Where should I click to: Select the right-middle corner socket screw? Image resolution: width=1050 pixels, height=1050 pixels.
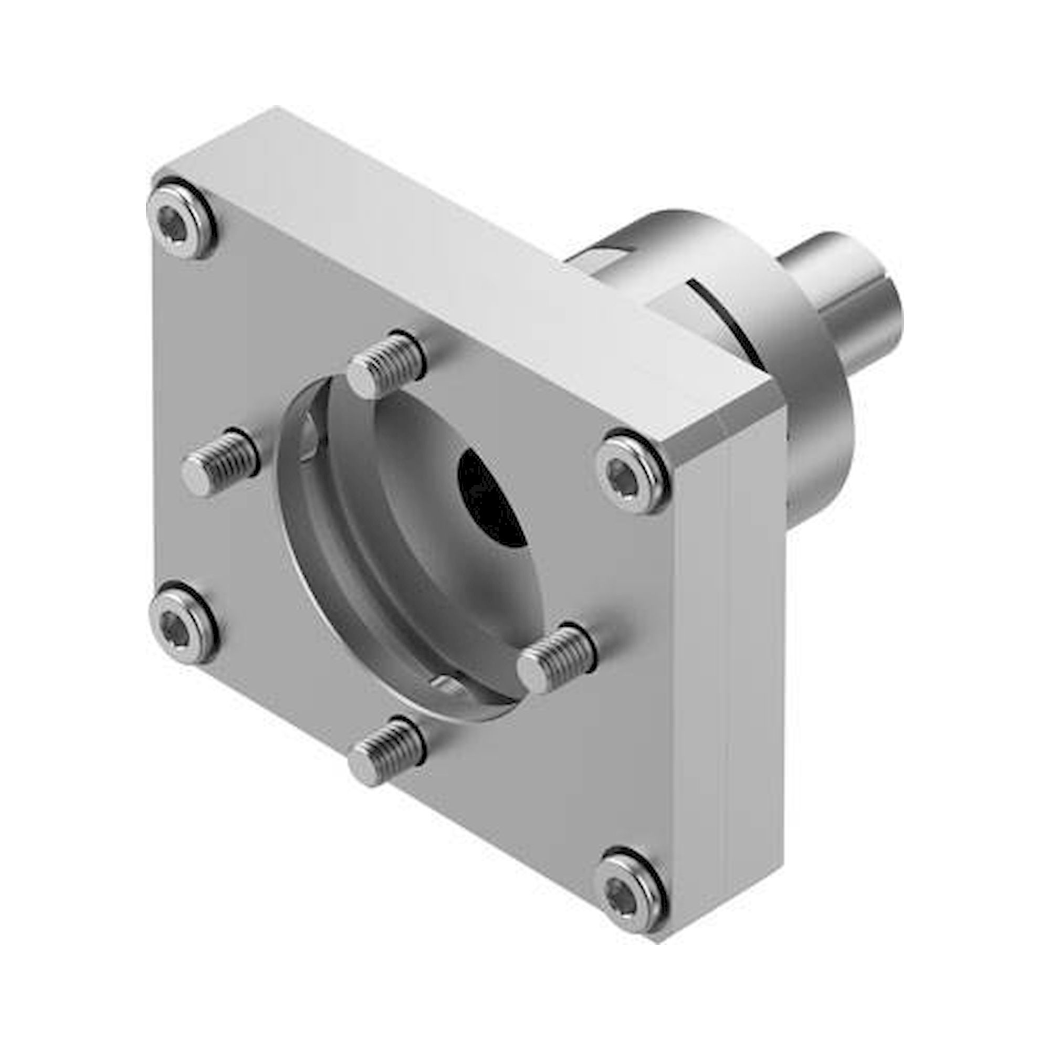[x=632, y=470]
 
